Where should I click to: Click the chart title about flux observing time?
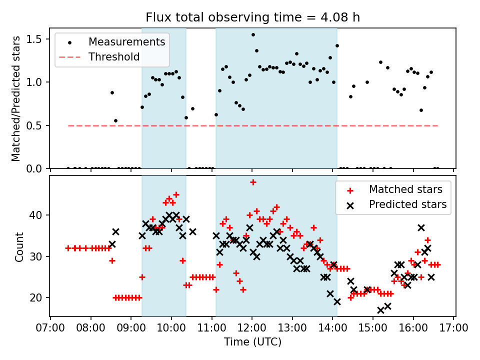click(252, 17)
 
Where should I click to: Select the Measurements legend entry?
click(126, 42)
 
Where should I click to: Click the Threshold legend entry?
click(114, 57)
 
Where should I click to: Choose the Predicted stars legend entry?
click(407, 204)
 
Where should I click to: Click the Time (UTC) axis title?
click(252, 342)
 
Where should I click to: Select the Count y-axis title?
click(19, 246)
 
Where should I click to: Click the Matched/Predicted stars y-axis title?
click(16, 98)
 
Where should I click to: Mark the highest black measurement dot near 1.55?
click(253, 34)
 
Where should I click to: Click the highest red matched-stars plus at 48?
click(253, 182)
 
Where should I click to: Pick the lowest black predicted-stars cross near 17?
click(380, 310)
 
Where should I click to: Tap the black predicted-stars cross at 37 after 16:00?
click(421, 227)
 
